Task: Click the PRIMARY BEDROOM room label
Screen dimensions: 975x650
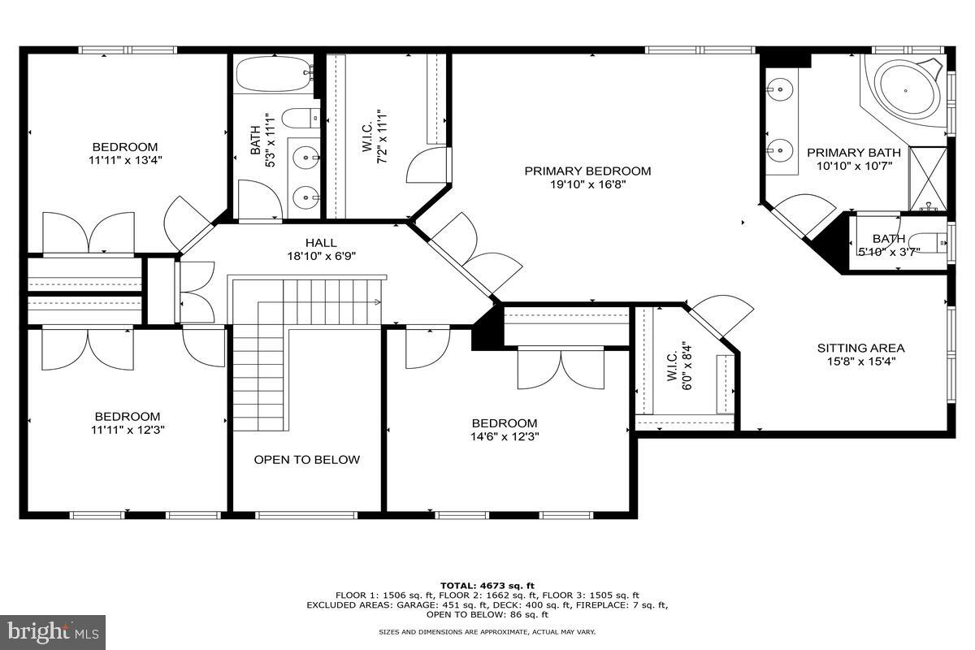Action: pyautogui.click(x=587, y=171)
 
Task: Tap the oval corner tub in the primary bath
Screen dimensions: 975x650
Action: pyautogui.click(x=906, y=90)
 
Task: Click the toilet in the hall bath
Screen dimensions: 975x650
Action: pyautogui.click(x=301, y=118)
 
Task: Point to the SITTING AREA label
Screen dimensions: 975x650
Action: pyautogui.click(x=861, y=349)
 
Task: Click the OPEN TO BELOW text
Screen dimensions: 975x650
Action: pyautogui.click(x=307, y=460)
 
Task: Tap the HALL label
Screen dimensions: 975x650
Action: pyautogui.click(x=321, y=243)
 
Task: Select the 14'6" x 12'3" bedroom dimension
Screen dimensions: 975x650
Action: pyautogui.click(x=505, y=436)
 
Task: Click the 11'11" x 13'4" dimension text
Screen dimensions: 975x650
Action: pyautogui.click(x=125, y=160)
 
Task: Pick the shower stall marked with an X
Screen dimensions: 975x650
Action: pyautogui.click(x=929, y=179)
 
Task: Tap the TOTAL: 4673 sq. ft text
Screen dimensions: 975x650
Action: pyautogui.click(x=487, y=586)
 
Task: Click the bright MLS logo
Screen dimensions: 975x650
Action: pyautogui.click(x=53, y=633)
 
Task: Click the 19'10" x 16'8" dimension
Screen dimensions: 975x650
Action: pyautogui.click(x=587, y=184)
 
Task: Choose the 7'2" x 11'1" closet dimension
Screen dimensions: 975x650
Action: pyautogui.click(x=381, y=136)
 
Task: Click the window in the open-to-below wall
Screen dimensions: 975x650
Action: pyautogui.click(x=306, y=515)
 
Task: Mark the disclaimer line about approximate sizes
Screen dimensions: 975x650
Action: pyautogui.click(x=487, y=631)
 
